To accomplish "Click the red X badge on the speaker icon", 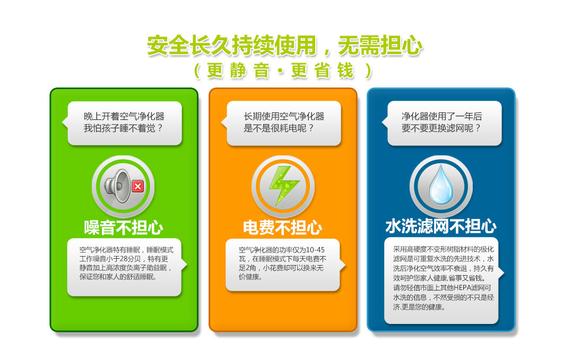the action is coord(138,187).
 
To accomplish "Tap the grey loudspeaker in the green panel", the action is coord(117,186).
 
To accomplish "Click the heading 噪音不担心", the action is coord(124,227).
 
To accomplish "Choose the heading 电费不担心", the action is coord(282,227).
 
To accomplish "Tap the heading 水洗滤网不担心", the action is coord(441,226).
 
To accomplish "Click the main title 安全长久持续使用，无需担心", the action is coord(285,46).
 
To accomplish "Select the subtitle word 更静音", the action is coord(238,71).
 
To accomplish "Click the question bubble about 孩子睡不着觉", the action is coord(125,123).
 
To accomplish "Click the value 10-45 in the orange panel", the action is coord(315,250).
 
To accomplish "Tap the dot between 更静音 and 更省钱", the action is coord(281,71).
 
